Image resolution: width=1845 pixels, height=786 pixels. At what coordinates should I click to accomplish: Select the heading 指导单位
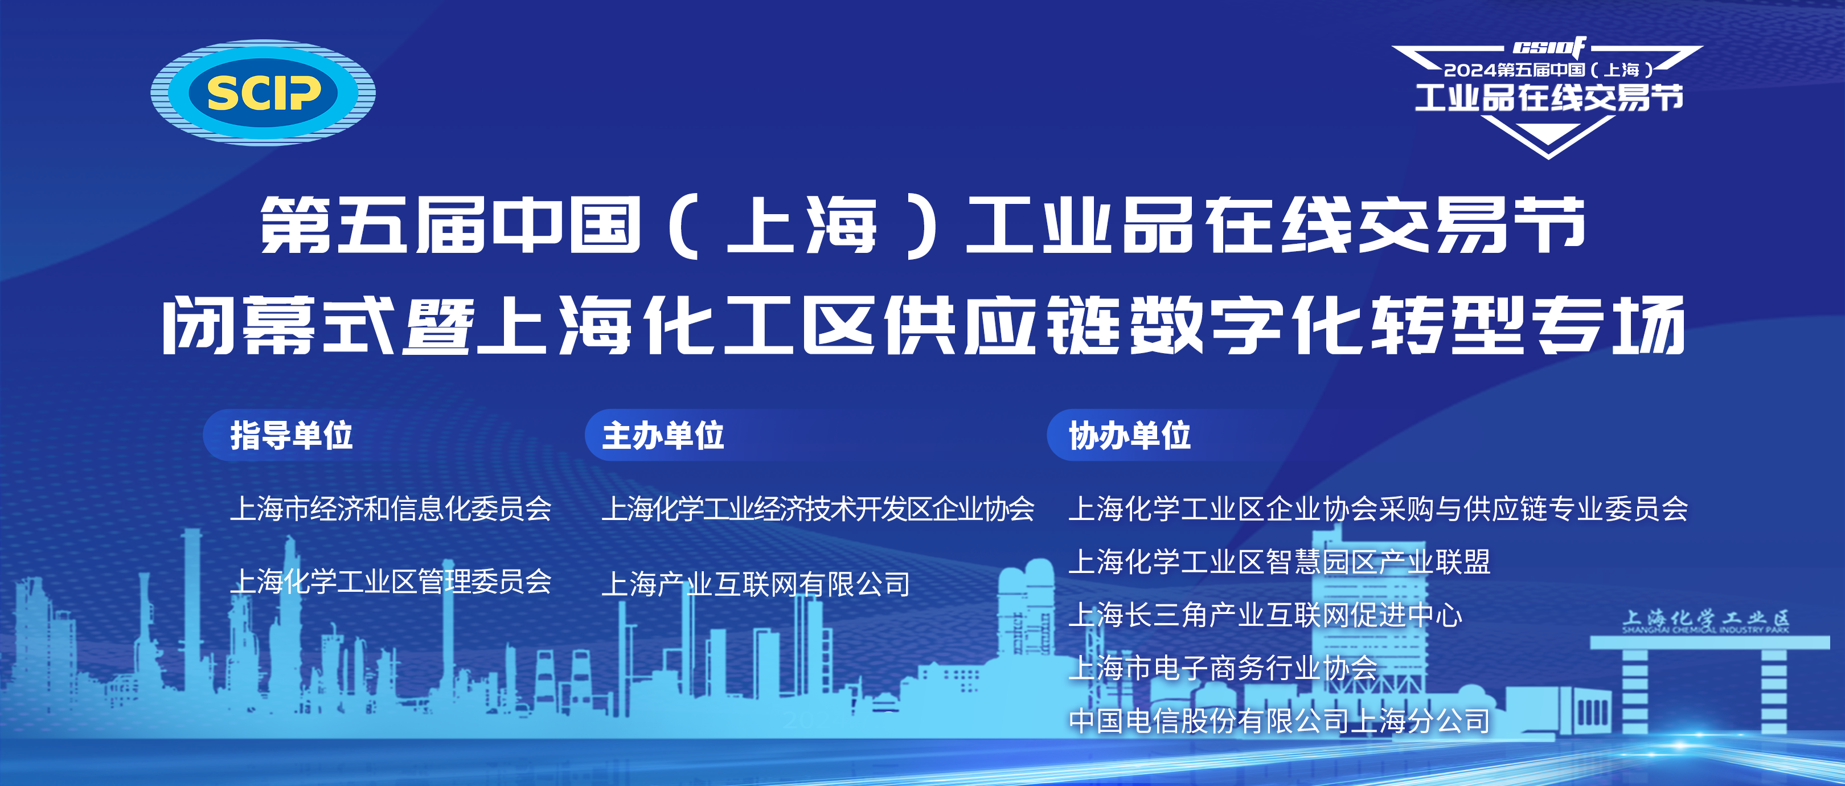click(x=292, y=436)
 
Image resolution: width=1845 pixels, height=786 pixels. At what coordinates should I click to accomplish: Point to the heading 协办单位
click(x=1129, y=436)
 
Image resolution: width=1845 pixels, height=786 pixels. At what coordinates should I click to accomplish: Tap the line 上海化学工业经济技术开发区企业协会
click(x=818, y=509)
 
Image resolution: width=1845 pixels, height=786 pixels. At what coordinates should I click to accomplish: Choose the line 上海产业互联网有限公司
click(x=756, y=584)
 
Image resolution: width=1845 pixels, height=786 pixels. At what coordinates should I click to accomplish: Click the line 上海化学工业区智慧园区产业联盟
click(x=1279, y=562)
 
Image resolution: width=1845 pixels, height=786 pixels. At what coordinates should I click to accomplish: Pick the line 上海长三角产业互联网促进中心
click(x=1265, y=615)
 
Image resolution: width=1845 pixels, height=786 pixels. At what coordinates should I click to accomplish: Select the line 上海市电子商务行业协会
click(x=1223, y=668)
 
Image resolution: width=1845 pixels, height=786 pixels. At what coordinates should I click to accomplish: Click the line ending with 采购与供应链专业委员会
click(x=1378, y=509)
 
